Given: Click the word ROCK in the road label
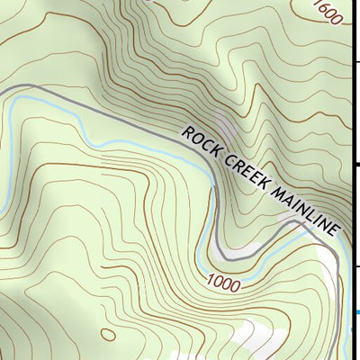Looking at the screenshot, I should (201, 142).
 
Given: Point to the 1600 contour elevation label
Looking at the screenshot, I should (328, 13).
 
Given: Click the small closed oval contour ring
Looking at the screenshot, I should (108, 335).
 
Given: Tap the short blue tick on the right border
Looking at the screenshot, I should (357, 311).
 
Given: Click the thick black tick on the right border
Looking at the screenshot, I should (357, 165).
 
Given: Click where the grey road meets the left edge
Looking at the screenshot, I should (2, 91).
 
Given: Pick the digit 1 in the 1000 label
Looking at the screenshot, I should (209, 281).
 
